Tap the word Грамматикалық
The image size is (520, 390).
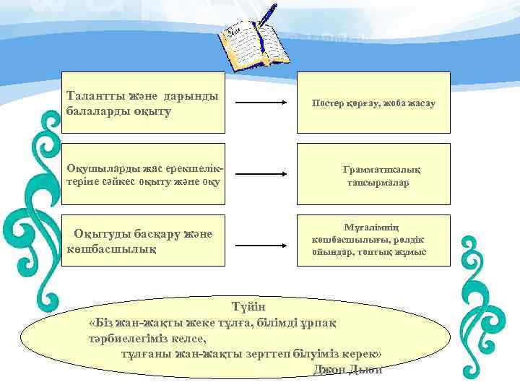(x=381, y=170)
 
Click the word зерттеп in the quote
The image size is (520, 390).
(x=264, y=355)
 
